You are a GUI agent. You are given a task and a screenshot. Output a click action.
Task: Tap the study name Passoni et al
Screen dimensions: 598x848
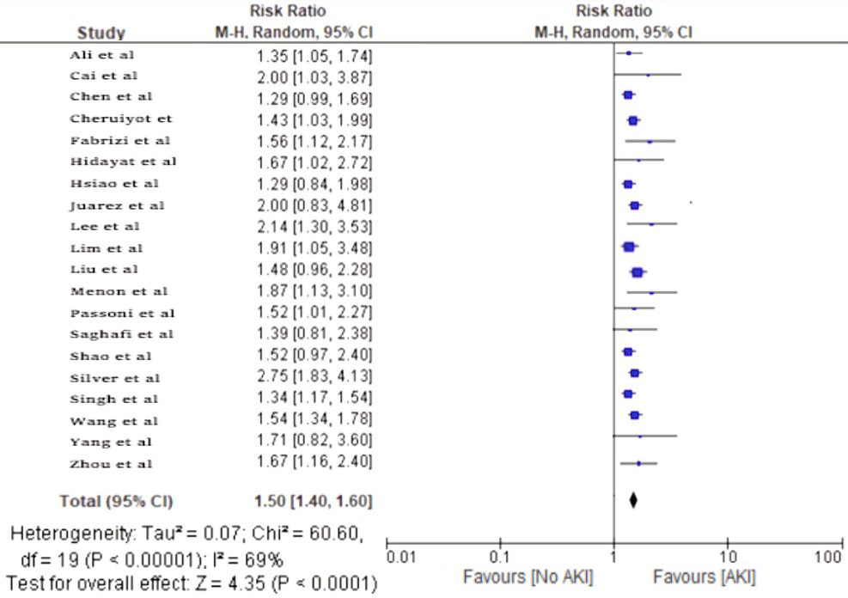tap(122, 313)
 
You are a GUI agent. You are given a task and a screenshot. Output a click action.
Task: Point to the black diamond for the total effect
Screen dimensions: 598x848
tap(633, 500)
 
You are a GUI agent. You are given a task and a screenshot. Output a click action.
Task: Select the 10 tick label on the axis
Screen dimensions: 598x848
tap(728, 557)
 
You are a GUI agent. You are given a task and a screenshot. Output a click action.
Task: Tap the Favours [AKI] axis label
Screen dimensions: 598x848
tap(705, 577)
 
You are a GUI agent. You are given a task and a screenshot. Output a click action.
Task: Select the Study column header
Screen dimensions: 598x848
tap(101, 34)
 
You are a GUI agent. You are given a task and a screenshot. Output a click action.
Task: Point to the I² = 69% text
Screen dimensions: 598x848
tap(253, 560)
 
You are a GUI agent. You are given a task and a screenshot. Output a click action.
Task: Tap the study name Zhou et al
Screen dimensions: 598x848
tap(112, 464)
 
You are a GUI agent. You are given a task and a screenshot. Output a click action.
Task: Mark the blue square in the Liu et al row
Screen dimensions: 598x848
tap(637, 272)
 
